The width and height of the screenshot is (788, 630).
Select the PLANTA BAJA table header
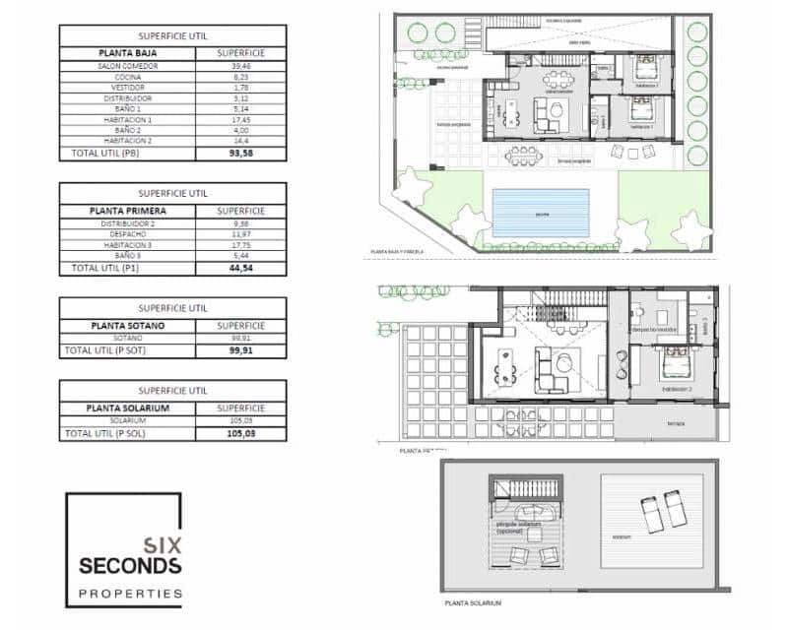click(127, 53)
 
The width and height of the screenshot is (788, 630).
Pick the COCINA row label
click(127, 77)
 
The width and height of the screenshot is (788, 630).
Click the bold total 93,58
click(240, 153)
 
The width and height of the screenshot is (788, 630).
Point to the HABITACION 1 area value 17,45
click(240, 119)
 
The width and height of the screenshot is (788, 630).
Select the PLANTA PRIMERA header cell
click(127, 211)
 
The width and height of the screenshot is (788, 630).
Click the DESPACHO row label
click(127, 234)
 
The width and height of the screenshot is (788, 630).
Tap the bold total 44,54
click(240, 268)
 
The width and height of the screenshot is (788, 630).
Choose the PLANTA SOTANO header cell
click(127, 325)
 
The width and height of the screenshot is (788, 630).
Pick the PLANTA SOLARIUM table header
click(127, 408)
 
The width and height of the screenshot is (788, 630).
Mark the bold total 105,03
click(240, 432)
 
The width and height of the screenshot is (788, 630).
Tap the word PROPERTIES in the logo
click(130, 594)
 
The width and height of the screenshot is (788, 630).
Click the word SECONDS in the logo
click(130, 566)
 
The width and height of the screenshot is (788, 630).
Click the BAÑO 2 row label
click(127, 130)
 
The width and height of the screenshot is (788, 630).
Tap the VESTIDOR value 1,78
click(240, 88)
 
